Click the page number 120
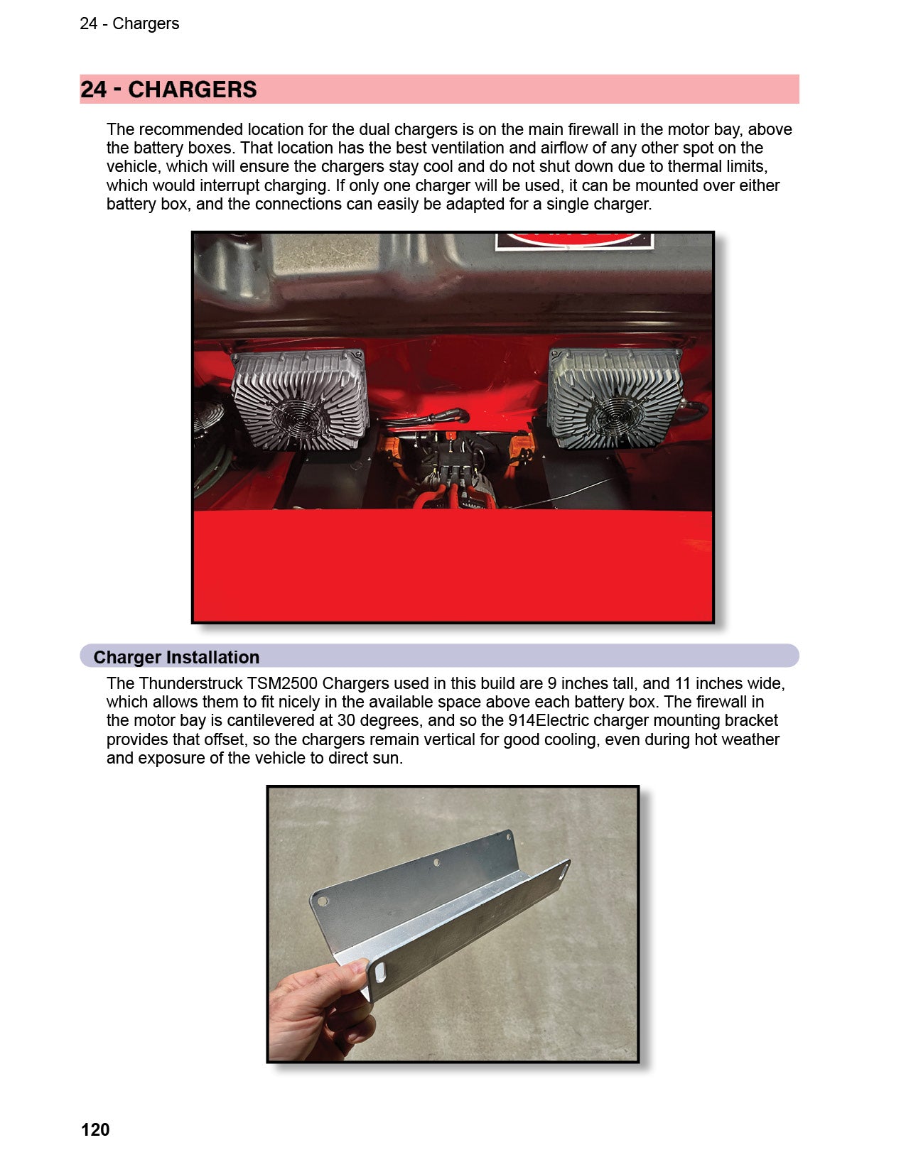tap(95, 1129)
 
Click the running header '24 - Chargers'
tap(129, 23)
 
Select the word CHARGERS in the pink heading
tap(192, 89)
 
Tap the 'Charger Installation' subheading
tap(176, 657)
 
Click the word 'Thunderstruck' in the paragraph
tap(191, 683)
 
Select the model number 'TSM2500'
tap(282, 683)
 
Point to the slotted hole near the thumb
tap(379, 972)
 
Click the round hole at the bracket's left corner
tap(323, 900)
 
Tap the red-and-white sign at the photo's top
tap(575, 241)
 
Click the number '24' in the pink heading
tap(94, 89)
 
